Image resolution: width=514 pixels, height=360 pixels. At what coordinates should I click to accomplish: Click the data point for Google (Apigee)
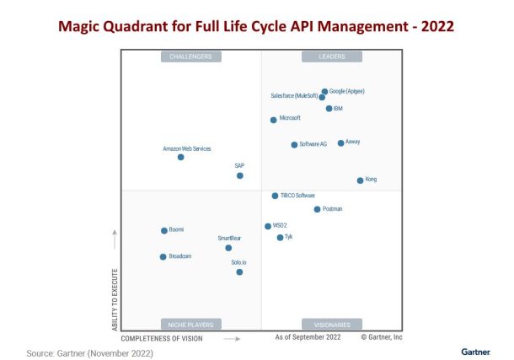click(x=324, y=91)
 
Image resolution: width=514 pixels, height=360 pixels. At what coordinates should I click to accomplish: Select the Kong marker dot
click(x=360, y=180)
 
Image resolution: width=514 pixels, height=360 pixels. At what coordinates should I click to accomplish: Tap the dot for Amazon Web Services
click(x=180, y=157)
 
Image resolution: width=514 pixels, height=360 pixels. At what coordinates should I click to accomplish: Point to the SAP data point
click(x=240, y=175)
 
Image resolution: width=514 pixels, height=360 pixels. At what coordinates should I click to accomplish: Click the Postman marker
click(x=317, y=209)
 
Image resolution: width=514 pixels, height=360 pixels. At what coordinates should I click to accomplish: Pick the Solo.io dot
click(x=239, y=271)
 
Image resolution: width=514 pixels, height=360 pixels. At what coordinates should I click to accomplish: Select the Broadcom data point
click(x=163, y=256)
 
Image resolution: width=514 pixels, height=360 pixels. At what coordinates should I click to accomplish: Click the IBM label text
click(x=338, y=108)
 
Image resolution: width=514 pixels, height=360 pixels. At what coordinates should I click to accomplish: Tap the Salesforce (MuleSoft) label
click(x=294, y=97)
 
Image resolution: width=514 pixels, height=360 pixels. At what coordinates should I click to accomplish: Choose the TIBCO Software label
click(x=297, y=196)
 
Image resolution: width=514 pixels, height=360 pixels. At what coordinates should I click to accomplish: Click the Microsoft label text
click(x=290, y=118)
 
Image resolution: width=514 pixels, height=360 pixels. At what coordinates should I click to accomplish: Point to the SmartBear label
click(x=229, y=239)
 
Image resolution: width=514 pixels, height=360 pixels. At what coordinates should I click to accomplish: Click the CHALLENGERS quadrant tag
click(x=191, y=56)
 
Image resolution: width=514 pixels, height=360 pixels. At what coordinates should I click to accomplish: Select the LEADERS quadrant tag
click(x=332, y=56)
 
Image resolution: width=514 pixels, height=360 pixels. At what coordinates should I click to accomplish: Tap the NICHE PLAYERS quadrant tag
click(x=191, y=324)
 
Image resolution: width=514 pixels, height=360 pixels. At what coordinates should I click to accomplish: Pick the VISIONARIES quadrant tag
click(x=332, y=324)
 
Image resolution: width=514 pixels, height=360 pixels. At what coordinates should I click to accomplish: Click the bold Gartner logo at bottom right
click(x=476, y=351)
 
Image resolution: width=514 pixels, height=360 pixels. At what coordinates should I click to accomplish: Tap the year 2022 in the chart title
click(x=437, y=26)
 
